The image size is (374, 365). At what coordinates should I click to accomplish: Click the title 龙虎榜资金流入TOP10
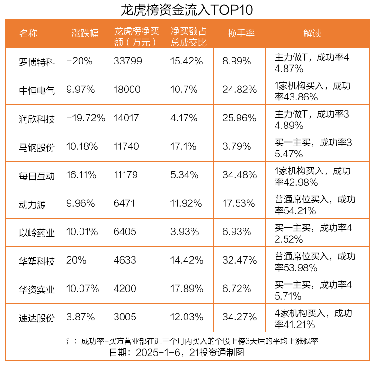point(187,9)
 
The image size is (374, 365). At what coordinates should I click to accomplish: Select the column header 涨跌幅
point(85,33)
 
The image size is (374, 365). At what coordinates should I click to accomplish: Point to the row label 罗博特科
point(37,62)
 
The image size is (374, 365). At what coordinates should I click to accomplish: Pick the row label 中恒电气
point(37,90)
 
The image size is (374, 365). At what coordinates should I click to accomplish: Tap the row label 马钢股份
point(37,147)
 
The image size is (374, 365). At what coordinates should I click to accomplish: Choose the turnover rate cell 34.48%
point(240,175)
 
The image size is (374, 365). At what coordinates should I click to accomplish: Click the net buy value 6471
point(125,204)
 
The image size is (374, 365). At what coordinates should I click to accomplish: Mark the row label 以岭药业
point(37,232)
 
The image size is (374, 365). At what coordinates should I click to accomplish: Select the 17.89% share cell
point(187,289)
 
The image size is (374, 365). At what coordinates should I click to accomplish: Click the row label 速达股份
point(37,318)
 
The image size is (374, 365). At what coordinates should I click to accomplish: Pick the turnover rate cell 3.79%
point(237,147)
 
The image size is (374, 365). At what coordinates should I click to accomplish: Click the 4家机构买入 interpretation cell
point(314,318)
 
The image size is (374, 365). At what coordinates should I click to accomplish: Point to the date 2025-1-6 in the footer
point(161,353)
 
